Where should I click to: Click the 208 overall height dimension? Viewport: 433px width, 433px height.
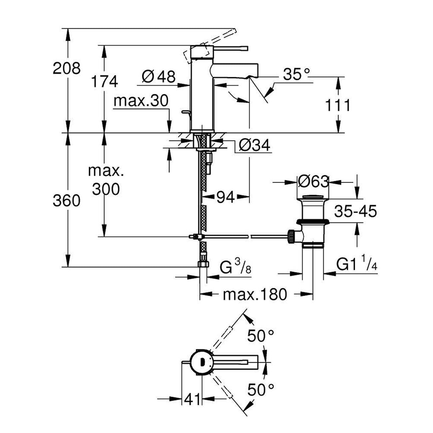click(x=67, y=68)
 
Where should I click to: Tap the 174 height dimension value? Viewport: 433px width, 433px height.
click(x=105, y=81)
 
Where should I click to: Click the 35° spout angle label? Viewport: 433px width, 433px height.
click(x=296, y=74)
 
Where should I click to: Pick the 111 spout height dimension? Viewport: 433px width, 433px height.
click(x=338, y=105)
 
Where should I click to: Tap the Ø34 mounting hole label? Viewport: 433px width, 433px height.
click(x=254, y=145)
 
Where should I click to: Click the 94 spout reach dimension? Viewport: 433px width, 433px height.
click(x=225, y=198)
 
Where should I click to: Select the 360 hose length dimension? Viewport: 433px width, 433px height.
click(x=67, y=201)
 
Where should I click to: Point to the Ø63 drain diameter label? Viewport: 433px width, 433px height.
click(x=313, y=182)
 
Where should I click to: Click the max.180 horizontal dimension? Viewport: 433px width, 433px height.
click(x=255, y=294)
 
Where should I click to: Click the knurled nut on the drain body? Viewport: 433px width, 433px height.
click(x=291, y=236)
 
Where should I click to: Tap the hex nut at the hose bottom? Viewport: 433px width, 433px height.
click(x=203, y=264)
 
